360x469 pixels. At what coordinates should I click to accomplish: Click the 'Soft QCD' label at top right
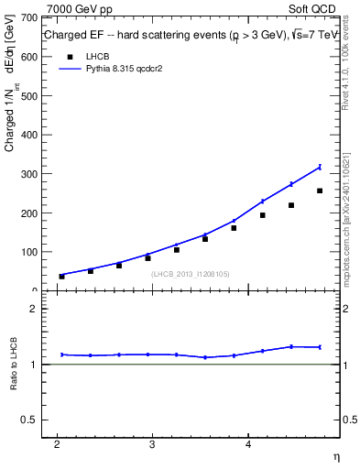314,8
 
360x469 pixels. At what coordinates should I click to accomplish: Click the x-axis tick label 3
152,445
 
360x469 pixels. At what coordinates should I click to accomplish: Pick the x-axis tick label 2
57,445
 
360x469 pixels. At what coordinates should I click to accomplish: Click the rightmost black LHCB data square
320,191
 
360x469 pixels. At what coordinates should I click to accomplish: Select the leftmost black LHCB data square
62,276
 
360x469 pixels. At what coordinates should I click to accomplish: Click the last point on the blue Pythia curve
320,167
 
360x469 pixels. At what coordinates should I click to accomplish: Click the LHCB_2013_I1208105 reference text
191,273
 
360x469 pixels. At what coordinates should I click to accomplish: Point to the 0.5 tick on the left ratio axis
29,420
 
